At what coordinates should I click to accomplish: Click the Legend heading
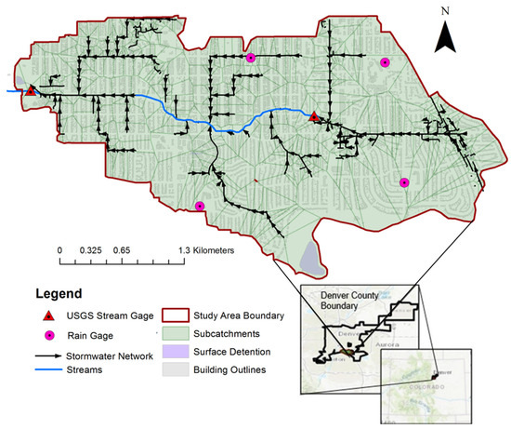click(54, 292)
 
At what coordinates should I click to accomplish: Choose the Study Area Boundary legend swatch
click(176, 315)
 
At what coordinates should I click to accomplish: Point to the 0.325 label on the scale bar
click(91, 250)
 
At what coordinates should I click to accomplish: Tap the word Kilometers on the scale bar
click(209, 250)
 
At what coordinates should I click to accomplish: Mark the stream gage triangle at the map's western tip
click(31, 90)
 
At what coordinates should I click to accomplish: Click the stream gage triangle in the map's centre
click(314, 115)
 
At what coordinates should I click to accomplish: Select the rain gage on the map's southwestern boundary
click(199, 206)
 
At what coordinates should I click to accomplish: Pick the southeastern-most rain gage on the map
click(404, 182)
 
